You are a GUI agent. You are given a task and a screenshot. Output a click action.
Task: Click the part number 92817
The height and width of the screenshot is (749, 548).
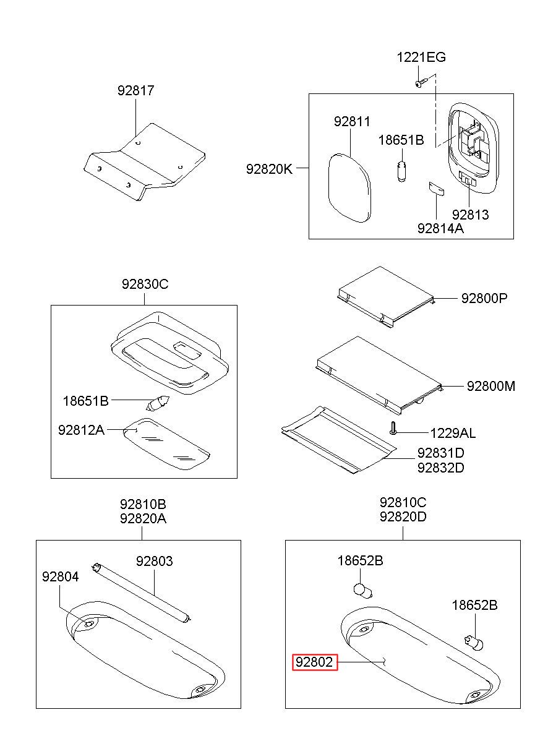point(135,90)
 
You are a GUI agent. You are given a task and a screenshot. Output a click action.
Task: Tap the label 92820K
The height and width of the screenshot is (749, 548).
point(268,168)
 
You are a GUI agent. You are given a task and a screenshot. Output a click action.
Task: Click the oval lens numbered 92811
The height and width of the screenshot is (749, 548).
point(348,187)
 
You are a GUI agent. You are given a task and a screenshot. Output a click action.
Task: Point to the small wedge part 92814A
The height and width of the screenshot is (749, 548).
point(436,189)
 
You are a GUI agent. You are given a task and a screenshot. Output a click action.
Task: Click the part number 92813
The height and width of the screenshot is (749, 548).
point(469,215)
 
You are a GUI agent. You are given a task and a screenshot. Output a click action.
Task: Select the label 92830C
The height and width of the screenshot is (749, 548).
point(145,285)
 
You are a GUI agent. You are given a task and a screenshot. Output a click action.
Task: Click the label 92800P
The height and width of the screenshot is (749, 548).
point(484,298)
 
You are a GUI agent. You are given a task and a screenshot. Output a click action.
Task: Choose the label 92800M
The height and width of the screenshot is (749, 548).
point(490,386)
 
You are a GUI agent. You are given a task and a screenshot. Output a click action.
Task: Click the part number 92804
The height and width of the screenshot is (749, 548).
point(60,576)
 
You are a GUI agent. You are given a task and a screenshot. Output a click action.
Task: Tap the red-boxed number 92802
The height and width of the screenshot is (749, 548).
point(315,663)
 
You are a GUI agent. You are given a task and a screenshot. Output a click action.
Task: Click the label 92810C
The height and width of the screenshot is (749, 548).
point(403,502)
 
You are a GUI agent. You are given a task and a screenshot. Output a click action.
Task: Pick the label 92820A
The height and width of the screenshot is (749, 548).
point(143,518)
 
